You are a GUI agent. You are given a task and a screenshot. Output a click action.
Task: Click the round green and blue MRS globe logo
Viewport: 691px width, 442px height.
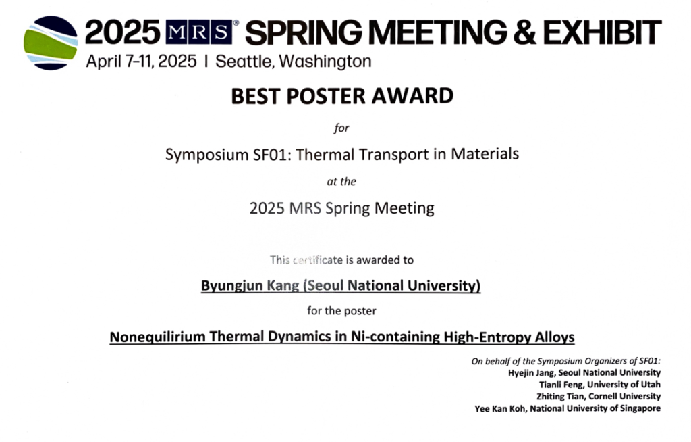point(51,43)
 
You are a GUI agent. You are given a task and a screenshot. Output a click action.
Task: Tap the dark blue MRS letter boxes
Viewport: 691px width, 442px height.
point(199,32)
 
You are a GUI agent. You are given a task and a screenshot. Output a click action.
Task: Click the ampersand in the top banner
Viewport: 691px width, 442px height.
point(524,32)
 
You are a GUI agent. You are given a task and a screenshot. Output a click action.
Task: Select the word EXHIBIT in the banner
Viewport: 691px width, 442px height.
point(602,32)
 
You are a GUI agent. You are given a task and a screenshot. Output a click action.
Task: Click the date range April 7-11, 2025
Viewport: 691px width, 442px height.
point(141,61)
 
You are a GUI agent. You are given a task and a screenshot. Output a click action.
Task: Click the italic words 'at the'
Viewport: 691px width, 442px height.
point(341,182)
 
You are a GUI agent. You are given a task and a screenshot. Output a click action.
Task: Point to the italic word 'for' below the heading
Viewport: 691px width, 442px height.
point(341,128)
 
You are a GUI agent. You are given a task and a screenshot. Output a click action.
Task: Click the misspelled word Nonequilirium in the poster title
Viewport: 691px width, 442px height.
point(158,337)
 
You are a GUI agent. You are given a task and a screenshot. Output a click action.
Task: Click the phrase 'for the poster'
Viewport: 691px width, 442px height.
point(341,311)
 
